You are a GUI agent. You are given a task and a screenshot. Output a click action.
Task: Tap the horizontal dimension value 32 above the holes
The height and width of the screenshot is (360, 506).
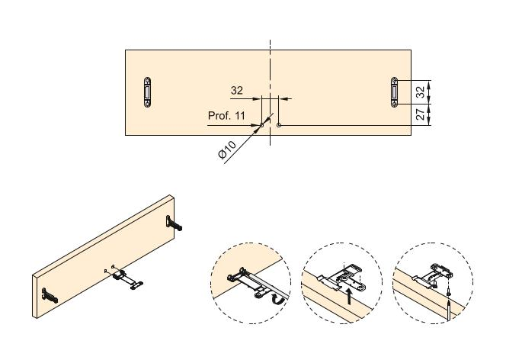[236, 91]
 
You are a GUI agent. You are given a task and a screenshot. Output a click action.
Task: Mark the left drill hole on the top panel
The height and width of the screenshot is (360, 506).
[261, 124]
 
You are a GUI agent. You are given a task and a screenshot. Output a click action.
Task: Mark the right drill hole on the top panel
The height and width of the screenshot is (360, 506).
[280, 124]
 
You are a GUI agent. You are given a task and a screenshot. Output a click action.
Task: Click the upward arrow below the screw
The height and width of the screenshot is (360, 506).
[449, 310]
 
